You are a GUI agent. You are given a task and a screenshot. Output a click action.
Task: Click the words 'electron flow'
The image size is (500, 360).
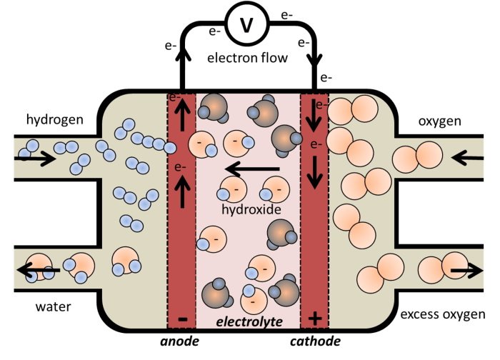248,58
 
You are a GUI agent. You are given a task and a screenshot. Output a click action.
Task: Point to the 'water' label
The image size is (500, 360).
54,307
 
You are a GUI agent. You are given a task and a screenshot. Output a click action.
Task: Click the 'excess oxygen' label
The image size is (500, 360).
443,314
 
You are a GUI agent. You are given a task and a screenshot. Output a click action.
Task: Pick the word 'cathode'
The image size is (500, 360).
315,341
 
